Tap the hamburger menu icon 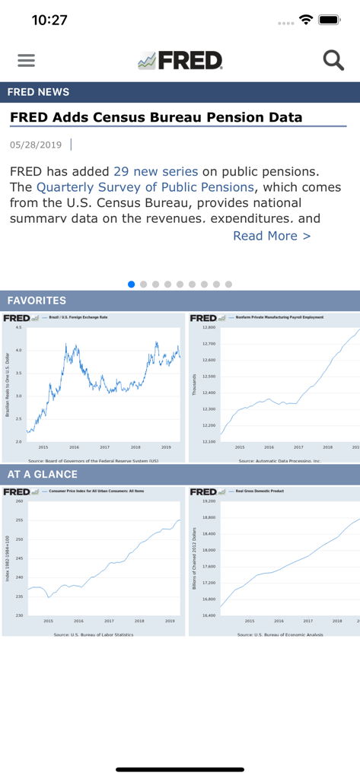click(x=26, y=60)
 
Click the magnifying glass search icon click(x=333, y=60)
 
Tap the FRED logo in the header click(x=180, y=61)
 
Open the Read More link click(x=272, y=236)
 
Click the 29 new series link click(x=155, y=171)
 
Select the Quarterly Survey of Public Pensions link click(x=145, y=187)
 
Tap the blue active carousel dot click(x=132, y=284)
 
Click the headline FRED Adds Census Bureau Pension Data click(x=156, y=117)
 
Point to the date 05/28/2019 click(x=36, y=145)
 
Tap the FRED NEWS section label click(x=38, y=92)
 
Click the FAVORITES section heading click(x=37, y=300)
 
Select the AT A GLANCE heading click(x=43, y=474)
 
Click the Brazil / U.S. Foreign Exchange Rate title click(x=78, y=317)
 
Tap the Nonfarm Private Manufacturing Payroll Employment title click(x=279, y=317)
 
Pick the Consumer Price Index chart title click(x=97, y=491)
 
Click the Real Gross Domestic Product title click(x=260, y=491)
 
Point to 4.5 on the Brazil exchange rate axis click(x=18, y=327)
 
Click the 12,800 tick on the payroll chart click(x=209, y=327)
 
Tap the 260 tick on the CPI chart click(x=19, y=501)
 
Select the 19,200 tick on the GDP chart click(x=209, y=501)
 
